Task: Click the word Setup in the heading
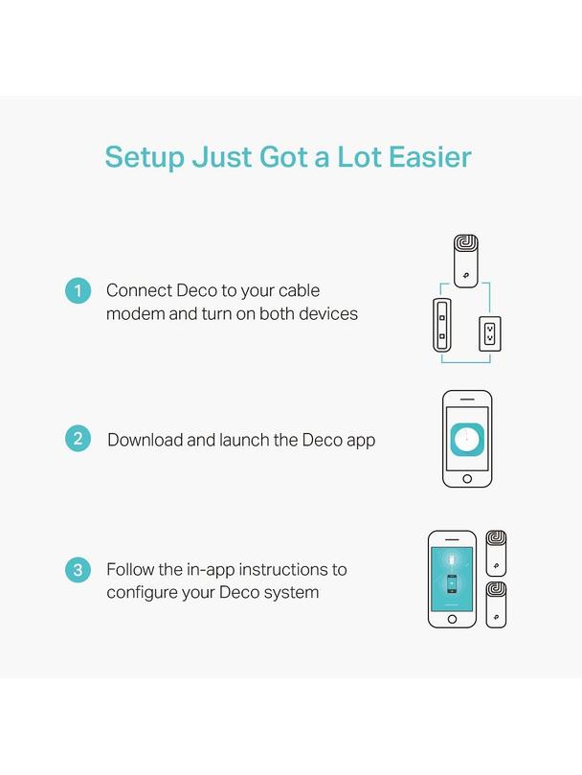click(x=145, y=158)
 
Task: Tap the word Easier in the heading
click(x=430, y=157)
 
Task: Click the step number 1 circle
click(x=78, y=290)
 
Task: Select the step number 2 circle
click(x=78, y=439)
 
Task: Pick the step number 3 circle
click(x=78, y=569)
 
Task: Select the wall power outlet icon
click(x=490, y=333)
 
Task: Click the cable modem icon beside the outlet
click(x=441, y=325)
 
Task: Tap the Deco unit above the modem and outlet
click(x=466, y=261)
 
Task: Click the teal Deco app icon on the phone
click(x=467, y=440)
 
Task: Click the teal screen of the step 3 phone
click(x=452, y=579)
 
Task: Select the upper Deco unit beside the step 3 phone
click(x=496, y=553)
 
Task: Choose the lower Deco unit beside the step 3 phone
click(x=496, y=604)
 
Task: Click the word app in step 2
click(x=361, y=441)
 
